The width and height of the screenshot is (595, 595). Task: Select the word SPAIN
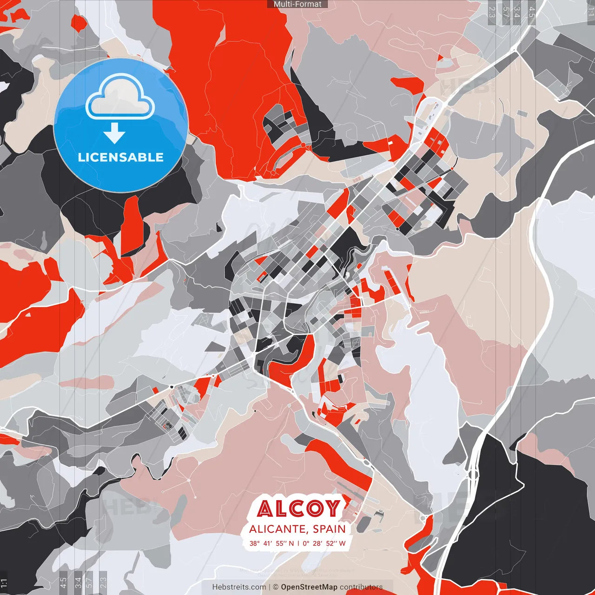[330, 529]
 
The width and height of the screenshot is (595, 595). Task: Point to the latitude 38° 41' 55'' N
[271, 543]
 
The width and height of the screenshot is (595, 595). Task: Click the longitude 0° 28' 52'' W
[324, 543]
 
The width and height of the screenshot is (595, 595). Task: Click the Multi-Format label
[297, 4]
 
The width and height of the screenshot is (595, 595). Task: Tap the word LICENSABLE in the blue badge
[121, 157]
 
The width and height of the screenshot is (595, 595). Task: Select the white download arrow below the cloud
[114, 134]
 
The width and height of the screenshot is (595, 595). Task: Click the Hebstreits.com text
[239, 587]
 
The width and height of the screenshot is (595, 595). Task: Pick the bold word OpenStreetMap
[309, 587]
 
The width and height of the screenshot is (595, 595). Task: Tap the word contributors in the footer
[361, 587]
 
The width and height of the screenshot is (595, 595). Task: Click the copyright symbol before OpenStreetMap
[276, 587]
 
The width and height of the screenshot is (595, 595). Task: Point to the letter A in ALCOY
[266, 509]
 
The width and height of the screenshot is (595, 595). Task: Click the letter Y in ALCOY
[332, 508]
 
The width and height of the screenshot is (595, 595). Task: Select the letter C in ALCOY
[298, 509]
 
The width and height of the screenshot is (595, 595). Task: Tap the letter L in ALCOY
[282, 509]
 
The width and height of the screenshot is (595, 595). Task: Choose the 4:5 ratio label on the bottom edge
[63, 582]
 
